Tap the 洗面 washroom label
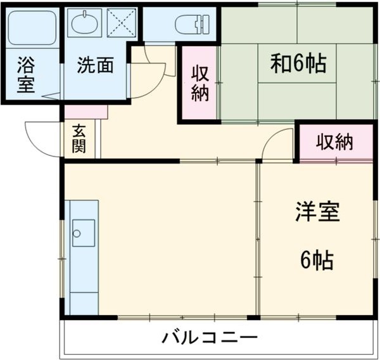[x=96, y=65]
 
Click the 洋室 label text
[x=317, y=212]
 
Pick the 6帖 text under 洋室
[x=317, y=260]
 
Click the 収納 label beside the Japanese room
[x=199, y=82]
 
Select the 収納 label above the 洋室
[x=334, y=143]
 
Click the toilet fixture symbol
[x=191, y=23]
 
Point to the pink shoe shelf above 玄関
[x=86, y=112]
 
